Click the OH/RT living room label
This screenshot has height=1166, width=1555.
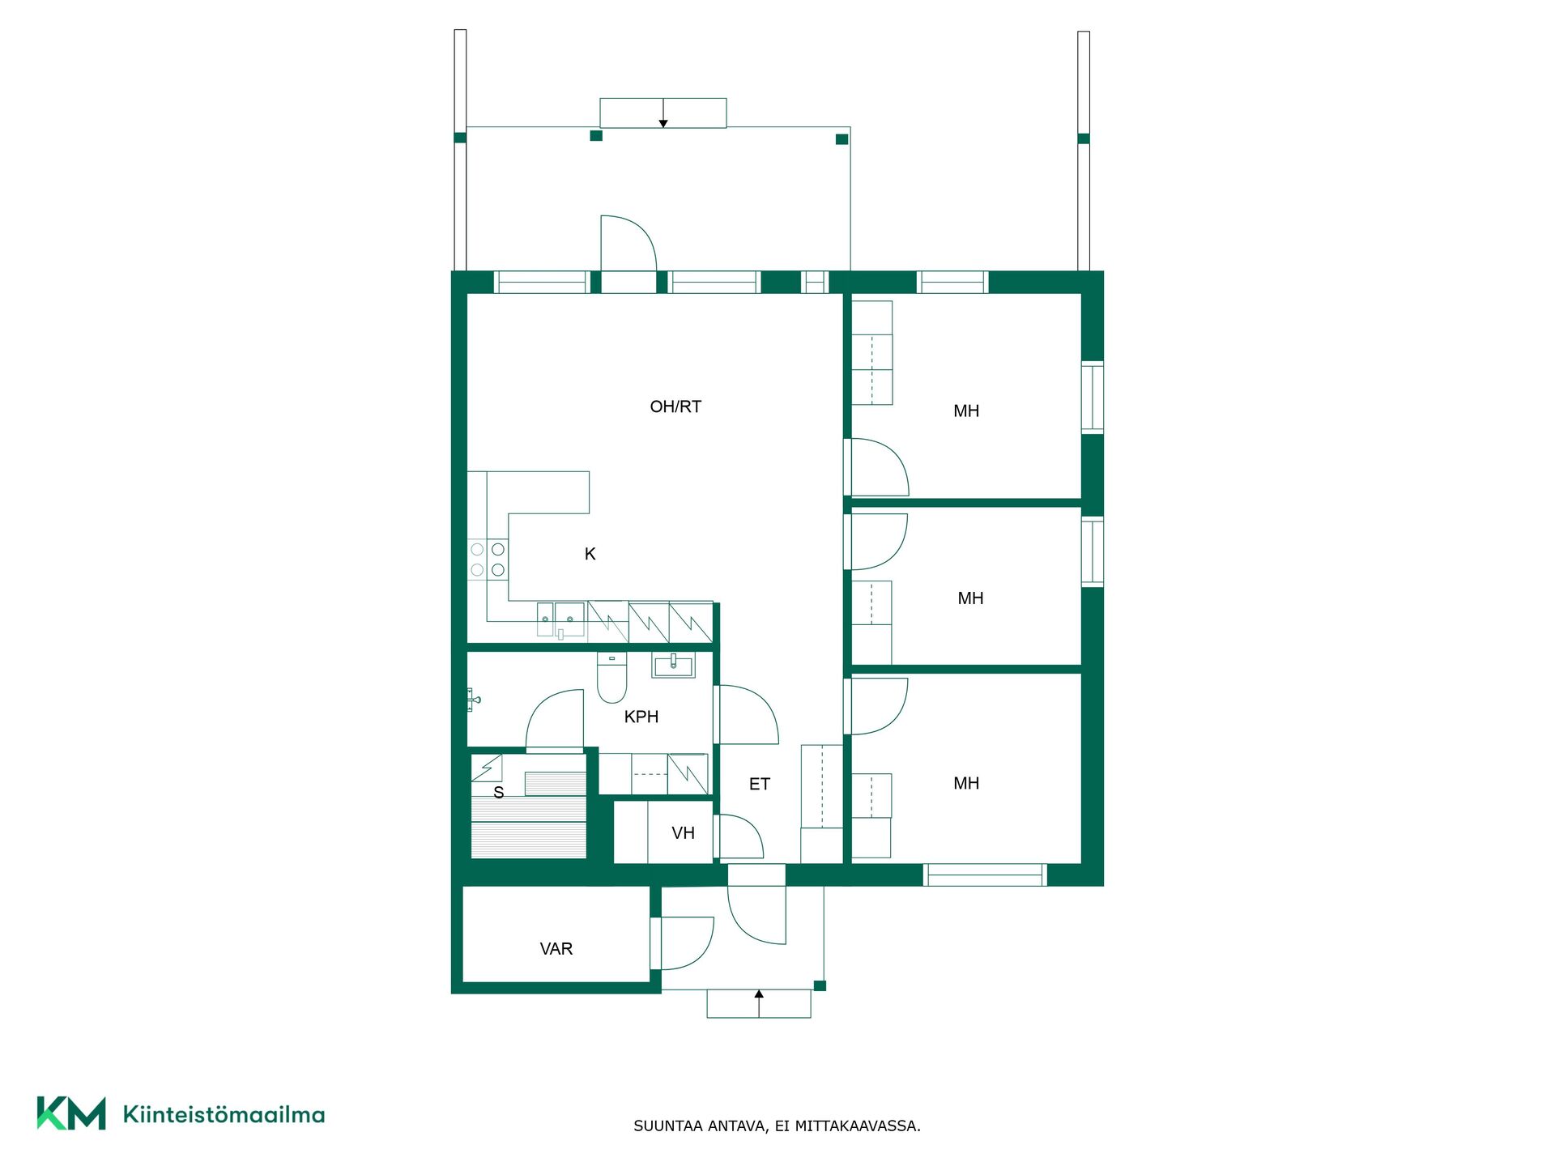(x=675, y=406)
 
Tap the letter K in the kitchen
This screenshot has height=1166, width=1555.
(x=590, y=554)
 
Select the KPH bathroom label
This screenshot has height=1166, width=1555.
(x=641, y=717)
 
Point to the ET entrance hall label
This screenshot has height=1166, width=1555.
(x=759, y=784)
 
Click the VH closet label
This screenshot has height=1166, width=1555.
(x=683, y=832)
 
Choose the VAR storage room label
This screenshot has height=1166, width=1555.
(x=556, y=949)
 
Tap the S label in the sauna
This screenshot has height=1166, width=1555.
(x=499, y=793)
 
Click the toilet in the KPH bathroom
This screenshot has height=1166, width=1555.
(x=612, y=678)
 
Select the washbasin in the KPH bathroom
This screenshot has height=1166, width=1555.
(x=673, y=666)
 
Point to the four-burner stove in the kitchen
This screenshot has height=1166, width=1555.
(x=488, y=560)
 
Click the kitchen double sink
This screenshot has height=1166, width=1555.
(x=560, y=619)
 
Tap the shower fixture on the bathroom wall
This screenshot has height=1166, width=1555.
(x=474, y=699)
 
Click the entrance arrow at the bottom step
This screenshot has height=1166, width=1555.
(x=759, y=1003)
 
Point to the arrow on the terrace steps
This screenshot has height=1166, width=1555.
(x=663, y=113)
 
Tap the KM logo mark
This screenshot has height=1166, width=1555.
(x=71, y=1113)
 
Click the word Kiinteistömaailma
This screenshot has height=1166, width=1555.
(x=224, y=1114)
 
